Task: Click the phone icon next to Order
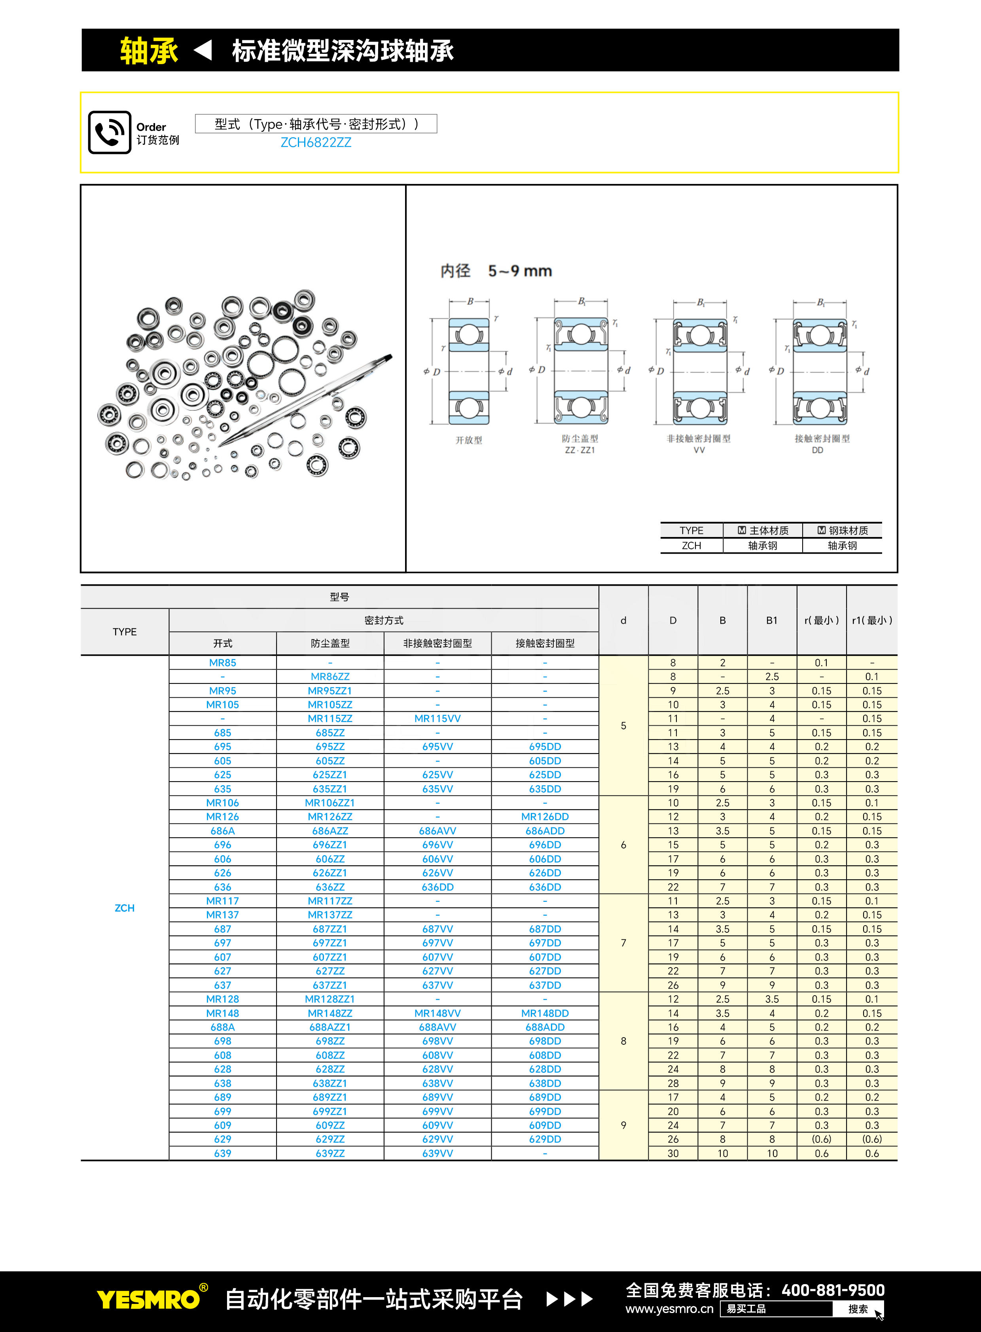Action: tap(109, 133)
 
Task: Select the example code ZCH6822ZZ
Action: tap(316, 142)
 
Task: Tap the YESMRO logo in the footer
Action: tap(148, 1299)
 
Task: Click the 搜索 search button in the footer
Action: tap(858, 1309)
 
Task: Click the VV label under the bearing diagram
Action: tap(699, 450)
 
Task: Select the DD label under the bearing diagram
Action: tap(817, 450)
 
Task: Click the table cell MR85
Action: tap(223, 662)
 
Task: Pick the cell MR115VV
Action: tap(437, 718)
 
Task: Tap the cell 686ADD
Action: tap(545, 831)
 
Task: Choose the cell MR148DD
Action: tap(545, 1013)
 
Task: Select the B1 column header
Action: tap(771, 620)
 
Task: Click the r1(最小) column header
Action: tap(872, 620)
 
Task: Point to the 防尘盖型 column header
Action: tap(330, 643)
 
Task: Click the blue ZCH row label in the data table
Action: tap(125, 908)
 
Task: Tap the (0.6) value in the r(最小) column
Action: tap(821, 1139)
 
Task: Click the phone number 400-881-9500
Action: tap(833, 1290)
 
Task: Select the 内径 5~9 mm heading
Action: tap(496, 271)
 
